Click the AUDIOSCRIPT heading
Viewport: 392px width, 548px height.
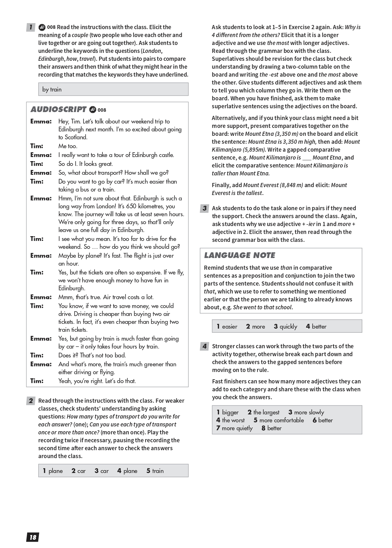point(58,110)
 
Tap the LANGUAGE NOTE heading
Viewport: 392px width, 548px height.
point(239,255)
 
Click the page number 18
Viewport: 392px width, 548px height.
point(33,537)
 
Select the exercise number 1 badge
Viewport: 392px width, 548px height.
point(30,27)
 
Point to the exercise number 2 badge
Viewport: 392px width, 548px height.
point(30,401)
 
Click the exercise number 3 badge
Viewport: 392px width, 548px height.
point(204,208)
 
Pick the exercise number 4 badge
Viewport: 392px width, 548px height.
point(204,346)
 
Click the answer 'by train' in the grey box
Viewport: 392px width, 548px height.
point(52,90)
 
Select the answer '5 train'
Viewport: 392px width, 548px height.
point(155,471)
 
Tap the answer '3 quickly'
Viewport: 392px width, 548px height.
point(285,327)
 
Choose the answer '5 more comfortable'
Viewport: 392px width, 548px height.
point(279,420)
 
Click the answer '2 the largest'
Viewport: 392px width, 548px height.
point(263,413)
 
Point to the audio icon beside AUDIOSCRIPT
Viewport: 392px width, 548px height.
point(92,110)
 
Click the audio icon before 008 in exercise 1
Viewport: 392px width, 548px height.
point(42,27)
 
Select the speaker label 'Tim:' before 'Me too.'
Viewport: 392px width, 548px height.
point(37,146)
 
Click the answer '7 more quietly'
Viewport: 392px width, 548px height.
point(234,428)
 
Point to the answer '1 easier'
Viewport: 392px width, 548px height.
point(227,327)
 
